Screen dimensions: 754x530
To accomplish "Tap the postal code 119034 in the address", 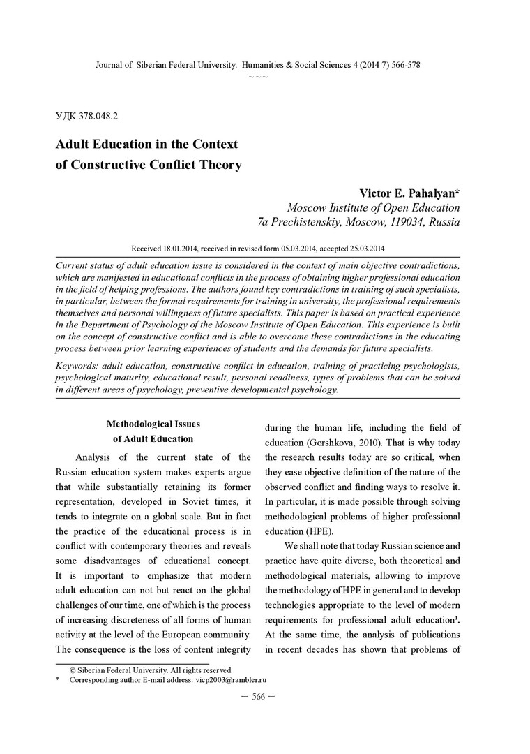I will pos(410,223).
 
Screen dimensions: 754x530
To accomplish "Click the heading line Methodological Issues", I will pos(153,423).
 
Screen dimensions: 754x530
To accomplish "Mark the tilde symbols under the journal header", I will pos(258,75).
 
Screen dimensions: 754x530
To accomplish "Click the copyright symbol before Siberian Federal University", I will pos(73,669).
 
